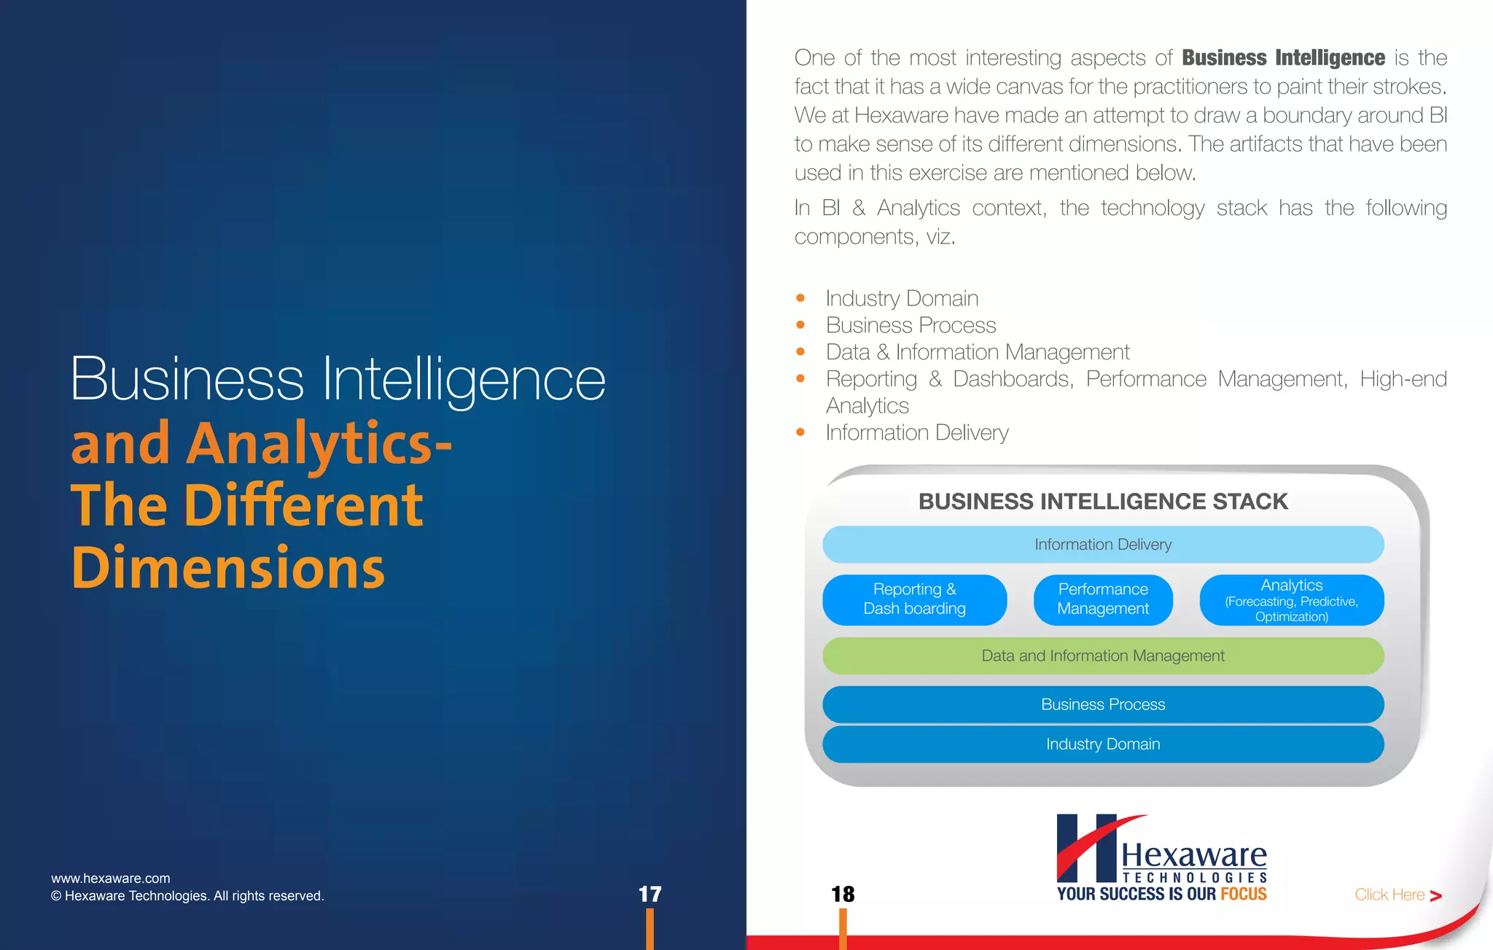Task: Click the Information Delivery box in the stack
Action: coord(1102,545)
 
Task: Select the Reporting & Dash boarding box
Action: coord(914,599)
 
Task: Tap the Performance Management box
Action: coord(1102,599)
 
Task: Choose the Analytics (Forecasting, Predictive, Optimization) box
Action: coord(1291,600)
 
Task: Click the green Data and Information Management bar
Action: coord(1102,656)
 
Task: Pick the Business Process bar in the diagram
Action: coord(1102,704)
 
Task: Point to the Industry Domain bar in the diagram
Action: coord(1102,744)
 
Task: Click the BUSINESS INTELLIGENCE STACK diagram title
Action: coord(1102,502)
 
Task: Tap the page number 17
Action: coord(650,895)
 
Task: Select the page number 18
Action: coord(843,895)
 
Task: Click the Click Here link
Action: coord(1397,895)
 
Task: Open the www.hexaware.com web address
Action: coord(111,879)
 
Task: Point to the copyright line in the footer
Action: coord(187,896)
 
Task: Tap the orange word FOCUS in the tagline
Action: coord(1244,895)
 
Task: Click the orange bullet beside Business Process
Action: coord(800,325)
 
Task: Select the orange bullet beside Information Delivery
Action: coord(800,432)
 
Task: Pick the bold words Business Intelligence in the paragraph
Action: coord(1283,58)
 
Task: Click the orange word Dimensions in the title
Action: coord(228,568)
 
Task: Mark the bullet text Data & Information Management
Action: coord(977,352)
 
